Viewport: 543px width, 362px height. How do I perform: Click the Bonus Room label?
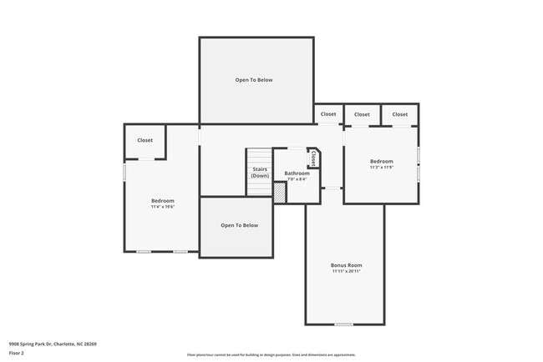pyautogui.click(x=346, y=265)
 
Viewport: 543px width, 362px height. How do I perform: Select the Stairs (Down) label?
pyautogui.click(x=260, y=173)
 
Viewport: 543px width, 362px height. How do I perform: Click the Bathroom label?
pyautogui.click(x=297, y=173)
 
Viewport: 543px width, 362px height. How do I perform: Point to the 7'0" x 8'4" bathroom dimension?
pyautogui.click(x=297, y=179)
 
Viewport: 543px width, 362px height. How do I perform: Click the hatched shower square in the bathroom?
pyautogui.click(x=280, y=192)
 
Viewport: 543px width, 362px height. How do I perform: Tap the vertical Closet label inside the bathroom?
pyautogui.click(x=313, y=158)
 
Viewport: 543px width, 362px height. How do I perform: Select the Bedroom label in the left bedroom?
pyautogui.click(x=162, y=201)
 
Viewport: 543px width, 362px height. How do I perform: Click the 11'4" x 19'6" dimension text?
pyautogui.click(x=162, y=208)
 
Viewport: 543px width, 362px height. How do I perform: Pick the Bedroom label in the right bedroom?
pyautogui.click(x=381, y=161)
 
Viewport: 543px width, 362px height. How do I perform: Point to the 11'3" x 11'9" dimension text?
pyautogui.click(x=381, y=168)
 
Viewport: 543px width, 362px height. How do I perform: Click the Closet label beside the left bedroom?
pyautogui.click(x=145, y=140)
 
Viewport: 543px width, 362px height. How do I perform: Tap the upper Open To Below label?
pyautogui.click(x=253, y=80)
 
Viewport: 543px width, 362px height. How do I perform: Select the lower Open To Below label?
pyautogui.click(x=239, y=225)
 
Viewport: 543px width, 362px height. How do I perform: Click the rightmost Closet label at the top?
pyautogui.click(x=400, y=114)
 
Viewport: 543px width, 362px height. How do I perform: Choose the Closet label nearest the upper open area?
pyautogui.click(x=328, y=114)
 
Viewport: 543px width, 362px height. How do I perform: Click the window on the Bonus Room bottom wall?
pyautogui.click(x=343, y=324)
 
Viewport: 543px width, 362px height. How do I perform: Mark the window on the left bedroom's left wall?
pyautogui.click(x=124, y=171)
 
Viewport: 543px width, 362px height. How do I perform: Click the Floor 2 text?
pyautogui.click(x=18, y=353)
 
